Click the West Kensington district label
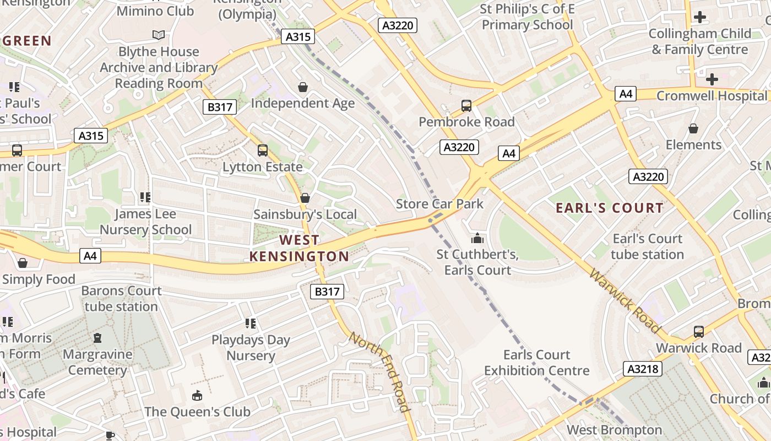coord(299,248)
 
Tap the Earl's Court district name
coord(610,208)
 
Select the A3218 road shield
coord(643,368)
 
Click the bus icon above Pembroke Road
coord(466,105)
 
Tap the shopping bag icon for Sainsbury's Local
coord(305,198)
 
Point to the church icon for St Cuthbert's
coord(477,238)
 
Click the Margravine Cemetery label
coord(97,362)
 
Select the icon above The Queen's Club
coord(197,395)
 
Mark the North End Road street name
coord(380,372)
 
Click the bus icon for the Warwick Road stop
coord(698,331)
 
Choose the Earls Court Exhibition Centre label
coord(536,363)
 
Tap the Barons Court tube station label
coord(121,298)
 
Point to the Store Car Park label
coord(439,204)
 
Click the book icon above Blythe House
coord(159,35)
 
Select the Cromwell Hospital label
coord(712,96)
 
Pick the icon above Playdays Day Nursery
coord(251,323)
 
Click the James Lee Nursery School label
coord(145,222)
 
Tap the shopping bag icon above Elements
coord(693,128)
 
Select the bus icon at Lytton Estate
coord(263,150)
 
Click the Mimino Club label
coord(155,10)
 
